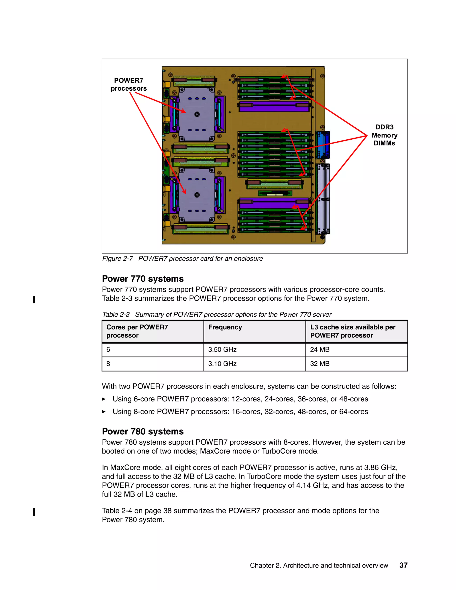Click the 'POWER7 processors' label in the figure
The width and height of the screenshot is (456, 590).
click(x=129, y=85)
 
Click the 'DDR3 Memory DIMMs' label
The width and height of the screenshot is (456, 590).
click(x=384, y=135)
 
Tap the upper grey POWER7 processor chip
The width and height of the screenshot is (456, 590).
click(x=197, y=114)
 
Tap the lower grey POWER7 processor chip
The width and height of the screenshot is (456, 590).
click(x=197, y=195)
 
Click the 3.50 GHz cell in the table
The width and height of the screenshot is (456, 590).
click(x=222, y=350)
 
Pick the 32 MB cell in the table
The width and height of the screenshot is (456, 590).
click(x=320, y=364)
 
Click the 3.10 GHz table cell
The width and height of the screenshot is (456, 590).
click(x=222, y=364)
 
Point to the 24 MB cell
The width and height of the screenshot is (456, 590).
click(x=320, y=350)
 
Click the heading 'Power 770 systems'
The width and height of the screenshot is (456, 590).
click(x=143, y=279)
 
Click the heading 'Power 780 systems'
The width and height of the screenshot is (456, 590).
click(x=143, y=431)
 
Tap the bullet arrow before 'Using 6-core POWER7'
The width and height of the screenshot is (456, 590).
click(x=104, y=399)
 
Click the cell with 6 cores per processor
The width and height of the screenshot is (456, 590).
click(x=108, y=350)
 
